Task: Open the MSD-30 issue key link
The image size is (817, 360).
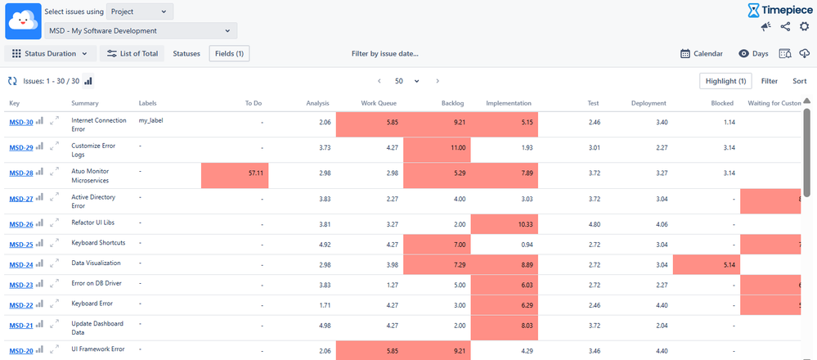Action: [x=20, y=122]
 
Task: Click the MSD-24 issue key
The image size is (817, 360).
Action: [x=20, y=264]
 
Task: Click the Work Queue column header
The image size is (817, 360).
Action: [x=379, y=103]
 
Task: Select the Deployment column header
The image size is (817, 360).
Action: [x=649, y=103]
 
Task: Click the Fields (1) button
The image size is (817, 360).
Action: [x=229, y=53]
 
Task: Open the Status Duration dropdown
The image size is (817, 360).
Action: [x=50, y=53]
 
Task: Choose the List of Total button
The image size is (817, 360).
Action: [x=132, y=53]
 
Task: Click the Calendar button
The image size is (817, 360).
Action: [x=701, y=53]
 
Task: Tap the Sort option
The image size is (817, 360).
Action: [x=799, y=81]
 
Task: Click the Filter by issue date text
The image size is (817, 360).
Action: [x=384, y=53]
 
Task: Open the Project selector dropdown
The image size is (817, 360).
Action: [x=140, y=11]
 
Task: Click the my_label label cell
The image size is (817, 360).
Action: [x=150, y=120]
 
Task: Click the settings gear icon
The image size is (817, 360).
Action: [x=804, y=27]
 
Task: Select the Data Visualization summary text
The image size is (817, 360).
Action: [x=96, y=263]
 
